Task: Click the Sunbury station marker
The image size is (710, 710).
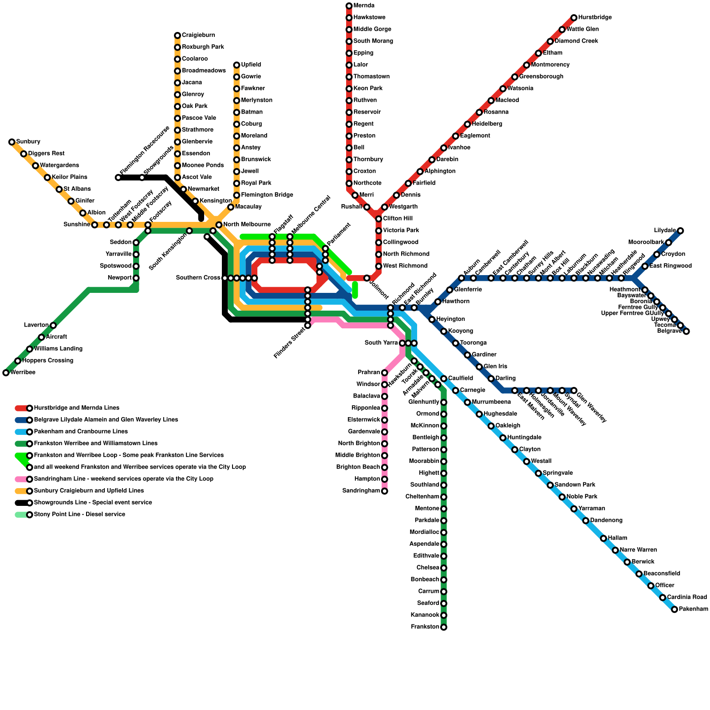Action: pyautogui.click(x=12, y=142)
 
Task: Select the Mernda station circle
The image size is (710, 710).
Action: pyautogui.click(x=349, y=6)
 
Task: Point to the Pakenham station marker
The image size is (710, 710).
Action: pyautogui.click(x=674, y=609)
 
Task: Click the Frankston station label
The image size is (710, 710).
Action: pyautogui.click(x=425, y=627)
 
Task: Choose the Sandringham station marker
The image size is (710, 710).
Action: pyautogui.click(x=385, y=491)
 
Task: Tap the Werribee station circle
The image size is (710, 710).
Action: pyautogui.click(x=6, y=373)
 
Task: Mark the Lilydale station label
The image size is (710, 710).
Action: pyautogui.click(x=665, y=230)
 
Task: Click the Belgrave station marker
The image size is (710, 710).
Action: pyautogui.click(x=686, y=331)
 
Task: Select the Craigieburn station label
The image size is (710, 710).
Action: pyautogui.click(x=198, y=35)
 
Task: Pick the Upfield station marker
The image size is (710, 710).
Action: pyautogui.click(x=237, y=65)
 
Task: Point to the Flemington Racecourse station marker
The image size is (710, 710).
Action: pyautogui.click(x=118, y=177)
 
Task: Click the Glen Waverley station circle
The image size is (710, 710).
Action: pyautogui.click(x=574, y=390)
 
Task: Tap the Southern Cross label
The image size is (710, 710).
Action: pyautogui.click(x=198, y=278)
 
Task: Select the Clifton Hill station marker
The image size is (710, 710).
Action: pyautogui.click(x=379, y=219)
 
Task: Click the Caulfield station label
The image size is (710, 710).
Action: pyautogui.click(x=460, y=379)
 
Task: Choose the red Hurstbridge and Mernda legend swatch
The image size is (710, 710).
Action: pyautogui.click(x=21, y=408)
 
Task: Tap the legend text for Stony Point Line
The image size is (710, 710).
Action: pyautogui.click(x=79, y=515)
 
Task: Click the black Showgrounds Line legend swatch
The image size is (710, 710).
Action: pyautogui.click(x=21, y=503)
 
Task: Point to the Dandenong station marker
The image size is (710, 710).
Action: pyautogui.click(x=586, y=521)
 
